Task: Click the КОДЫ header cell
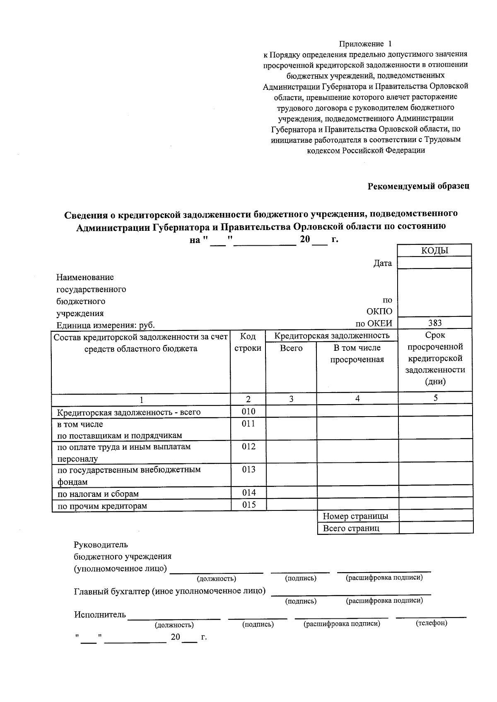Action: (x=434, y=250)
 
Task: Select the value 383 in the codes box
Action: (x=434, y=323)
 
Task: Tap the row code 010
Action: (x=248, y=412)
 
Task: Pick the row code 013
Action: (x=248, y=470)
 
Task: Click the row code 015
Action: (x=248, y=505)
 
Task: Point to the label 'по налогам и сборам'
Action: (x=98, y=494)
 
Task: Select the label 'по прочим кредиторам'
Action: (x=102, y=506)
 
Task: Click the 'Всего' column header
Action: (x=291, y=348)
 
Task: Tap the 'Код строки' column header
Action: (x=248, y=342)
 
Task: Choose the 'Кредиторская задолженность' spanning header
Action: (x=332, y=335)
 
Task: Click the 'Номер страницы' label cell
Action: (x=355, y=516)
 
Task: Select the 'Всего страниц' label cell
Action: (x=351, y=528)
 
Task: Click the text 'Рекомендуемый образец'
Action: (x=418, y=186)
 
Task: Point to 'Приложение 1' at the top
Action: (x=365, y=44)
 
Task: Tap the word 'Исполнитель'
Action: (x=100, y=614)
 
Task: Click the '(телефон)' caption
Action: (x=431, y=623)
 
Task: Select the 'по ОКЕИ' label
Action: (x=374, y=323)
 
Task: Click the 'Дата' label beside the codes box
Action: (x=382, y=263)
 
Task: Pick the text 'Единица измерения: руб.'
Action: (x=106, y=325)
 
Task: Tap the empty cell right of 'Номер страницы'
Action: (x=436, y=516)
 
